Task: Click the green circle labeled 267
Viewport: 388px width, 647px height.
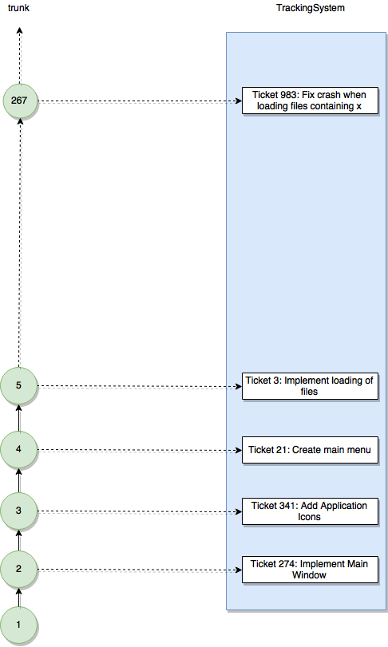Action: (x=20, y=101)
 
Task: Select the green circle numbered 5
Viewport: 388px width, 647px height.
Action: (x=18, y=385)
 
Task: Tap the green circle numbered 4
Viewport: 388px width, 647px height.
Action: (x=18, y=449)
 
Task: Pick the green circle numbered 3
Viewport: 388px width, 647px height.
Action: (x=18, y=511)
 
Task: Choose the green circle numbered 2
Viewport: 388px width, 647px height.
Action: (x=18, y=569)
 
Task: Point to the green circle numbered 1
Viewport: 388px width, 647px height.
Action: (x=18, y=625)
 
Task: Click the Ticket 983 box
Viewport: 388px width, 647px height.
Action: (x=310, y=101)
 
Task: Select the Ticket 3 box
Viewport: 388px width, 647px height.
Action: (x=310, y=386)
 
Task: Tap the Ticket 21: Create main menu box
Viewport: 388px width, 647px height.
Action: (x=310, y=450)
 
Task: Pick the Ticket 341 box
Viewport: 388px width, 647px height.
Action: (x=310, y=511)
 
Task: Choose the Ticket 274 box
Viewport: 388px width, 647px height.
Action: (x=310, y=570)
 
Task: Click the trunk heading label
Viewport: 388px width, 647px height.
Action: (x=18, y=8)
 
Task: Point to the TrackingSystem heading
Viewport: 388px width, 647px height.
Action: (x=311, y=8)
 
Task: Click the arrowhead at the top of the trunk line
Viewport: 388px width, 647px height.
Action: (x=19, y=30)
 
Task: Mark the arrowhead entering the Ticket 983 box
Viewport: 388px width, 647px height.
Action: (x=238, y=101)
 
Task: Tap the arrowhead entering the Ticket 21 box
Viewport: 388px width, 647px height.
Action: (x=238, y=450)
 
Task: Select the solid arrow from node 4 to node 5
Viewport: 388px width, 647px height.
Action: (x=18, y=417)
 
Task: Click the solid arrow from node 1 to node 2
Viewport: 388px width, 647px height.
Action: (x=18, y=597)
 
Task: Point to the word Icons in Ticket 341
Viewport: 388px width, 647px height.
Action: (x=309, y=517)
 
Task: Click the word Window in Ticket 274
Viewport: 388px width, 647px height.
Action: (x=309, y=575)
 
